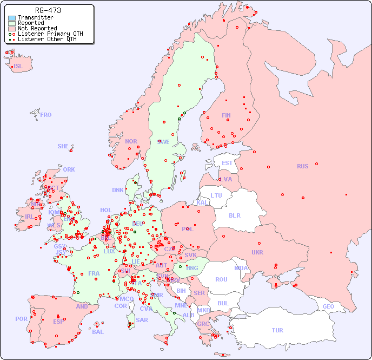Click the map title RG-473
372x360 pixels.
[x=48, y=10]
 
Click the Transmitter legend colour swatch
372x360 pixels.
[x=12, y=18]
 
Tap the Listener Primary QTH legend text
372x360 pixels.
[x=50, y=34]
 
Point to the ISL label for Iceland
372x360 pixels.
[x=18, y=67]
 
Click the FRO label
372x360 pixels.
[x=46, y=115]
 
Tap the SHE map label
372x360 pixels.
[x=63, y=146]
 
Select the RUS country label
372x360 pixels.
[x=302, y=166]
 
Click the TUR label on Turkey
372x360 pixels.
[x=277, y=330]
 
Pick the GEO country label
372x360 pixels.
[x=328, y=306]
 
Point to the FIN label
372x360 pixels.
[x=226, y=115]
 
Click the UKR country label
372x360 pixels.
[x=257, y=252]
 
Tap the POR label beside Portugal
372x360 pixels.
[x=21, y=319]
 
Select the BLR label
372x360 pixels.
[x=234, y=215]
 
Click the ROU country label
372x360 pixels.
[x=221, y=279]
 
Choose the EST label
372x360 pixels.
[x=227, y=163]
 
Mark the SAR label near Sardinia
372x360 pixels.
[x=142, y=320]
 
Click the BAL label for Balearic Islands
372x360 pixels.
[x=98, y=332]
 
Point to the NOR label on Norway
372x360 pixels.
[x=131, y=141]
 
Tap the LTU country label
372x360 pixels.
[x=216, y=195]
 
